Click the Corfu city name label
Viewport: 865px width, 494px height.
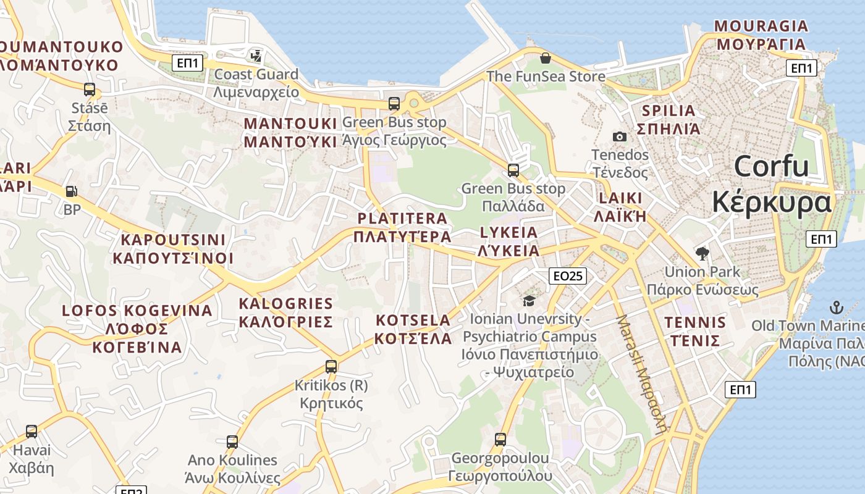coord(772,184)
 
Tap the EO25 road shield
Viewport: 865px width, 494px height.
coord(567,276)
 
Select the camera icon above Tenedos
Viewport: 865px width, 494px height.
coord(619,136)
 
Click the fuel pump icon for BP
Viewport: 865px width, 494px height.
coord(72,192)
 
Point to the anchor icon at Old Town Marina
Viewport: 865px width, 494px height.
coord(835,307)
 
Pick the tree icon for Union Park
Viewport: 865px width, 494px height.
coord(702,253)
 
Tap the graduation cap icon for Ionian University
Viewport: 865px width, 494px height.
coord(529,301)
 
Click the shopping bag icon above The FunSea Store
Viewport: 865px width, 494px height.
coord(545,58)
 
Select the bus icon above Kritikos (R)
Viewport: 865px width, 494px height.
coord(331,366)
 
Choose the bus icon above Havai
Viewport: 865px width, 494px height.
coord(32,431)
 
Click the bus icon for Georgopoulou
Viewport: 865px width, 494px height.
coord(500,440)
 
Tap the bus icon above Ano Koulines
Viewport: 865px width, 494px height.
coord(232,442)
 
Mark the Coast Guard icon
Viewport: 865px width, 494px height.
coord(256,56)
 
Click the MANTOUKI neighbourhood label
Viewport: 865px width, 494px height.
coord(290,132)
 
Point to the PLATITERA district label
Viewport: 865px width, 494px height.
coord(403,227)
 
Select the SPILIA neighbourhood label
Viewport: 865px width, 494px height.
coord(669,120)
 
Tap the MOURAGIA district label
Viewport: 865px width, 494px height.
coord(761,35)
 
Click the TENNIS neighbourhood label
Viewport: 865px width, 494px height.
coord(695,332)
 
